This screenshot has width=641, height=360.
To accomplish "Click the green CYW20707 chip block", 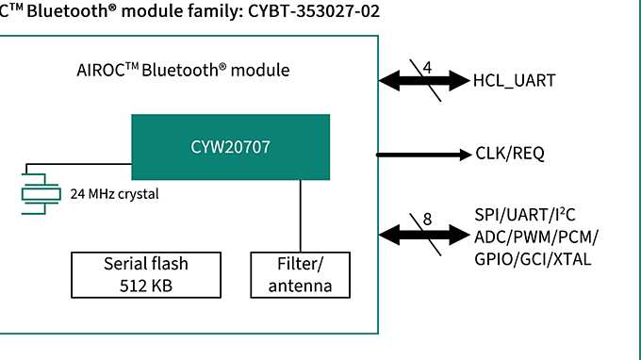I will pyautogui.click(x=230, y=147).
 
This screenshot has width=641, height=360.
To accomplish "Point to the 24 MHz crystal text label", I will pyautogui.click(x=114, y=195).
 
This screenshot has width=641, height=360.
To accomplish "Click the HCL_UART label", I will pyautogui.click(x=514, y=80).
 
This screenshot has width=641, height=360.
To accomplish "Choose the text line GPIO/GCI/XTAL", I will pyautogui.click(x=533, y=257).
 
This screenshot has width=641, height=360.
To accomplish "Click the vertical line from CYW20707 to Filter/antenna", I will pyautogui.click(x=301, y=216).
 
